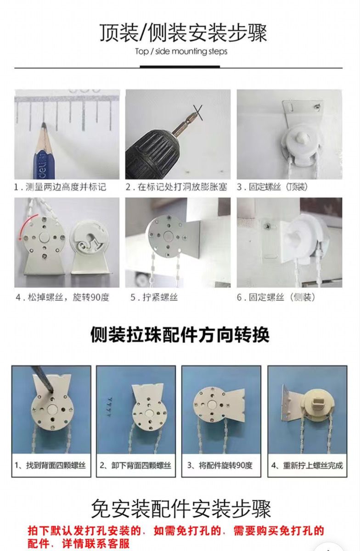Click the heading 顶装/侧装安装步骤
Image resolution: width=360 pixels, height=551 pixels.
[x=183, y=33]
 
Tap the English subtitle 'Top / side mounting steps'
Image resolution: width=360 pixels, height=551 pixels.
[x=181, y=51]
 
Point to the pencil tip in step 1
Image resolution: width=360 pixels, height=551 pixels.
[x=44, y=124]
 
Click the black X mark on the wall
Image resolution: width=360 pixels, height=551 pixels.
[x=198, y=112]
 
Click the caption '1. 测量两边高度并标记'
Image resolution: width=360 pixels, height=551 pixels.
[x=60, y=187]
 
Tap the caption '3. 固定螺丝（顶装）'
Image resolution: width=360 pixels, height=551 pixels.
[x=272, y=187]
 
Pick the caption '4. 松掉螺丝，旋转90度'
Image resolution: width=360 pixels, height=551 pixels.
[x=62, y=298]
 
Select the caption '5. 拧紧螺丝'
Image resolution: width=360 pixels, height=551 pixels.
[x=154, y=298]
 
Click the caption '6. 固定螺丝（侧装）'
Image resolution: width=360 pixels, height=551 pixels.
[x=276, y=298]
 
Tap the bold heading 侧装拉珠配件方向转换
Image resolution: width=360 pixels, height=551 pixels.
[x=180, y=335]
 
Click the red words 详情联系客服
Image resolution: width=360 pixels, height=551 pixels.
[x=96, y=543]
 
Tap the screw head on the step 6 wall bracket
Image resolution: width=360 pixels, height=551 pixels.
[x=267, y=225]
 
